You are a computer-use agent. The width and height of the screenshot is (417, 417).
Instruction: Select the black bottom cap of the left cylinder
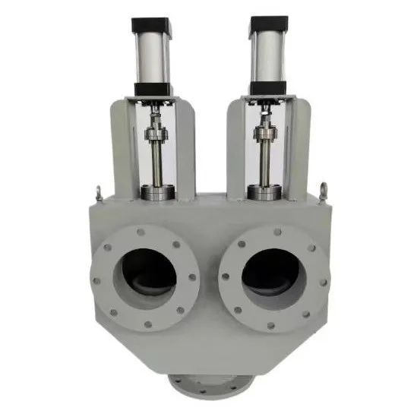click(x=154, y=89)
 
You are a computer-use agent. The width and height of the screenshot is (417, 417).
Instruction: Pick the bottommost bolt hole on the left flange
click(x=147, y=325)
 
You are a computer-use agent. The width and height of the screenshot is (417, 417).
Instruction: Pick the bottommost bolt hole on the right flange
click(x=271, y=325)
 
